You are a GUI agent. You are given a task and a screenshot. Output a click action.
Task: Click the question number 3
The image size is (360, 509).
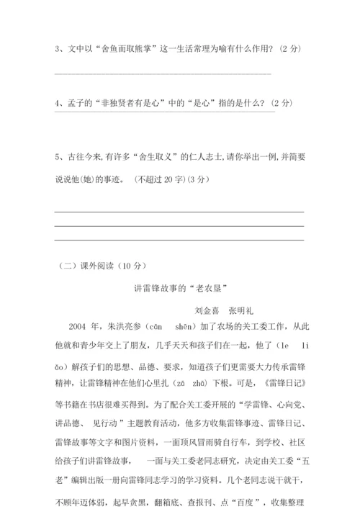[57, 49]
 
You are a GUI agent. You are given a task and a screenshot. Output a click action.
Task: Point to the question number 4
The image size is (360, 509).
[57, 103]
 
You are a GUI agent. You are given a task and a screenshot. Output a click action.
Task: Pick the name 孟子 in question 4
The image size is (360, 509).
[77, 103]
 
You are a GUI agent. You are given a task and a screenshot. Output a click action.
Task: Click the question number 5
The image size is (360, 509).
[57, 156]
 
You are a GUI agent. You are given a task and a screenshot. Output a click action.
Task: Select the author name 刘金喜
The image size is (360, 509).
[207, 312]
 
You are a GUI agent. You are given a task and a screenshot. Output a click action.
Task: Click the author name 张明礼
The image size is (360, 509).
[241, 312]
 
